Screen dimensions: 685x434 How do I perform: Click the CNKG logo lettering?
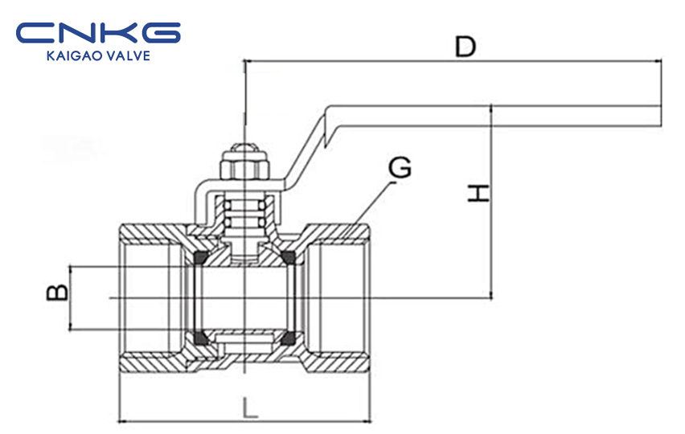click(98, 33)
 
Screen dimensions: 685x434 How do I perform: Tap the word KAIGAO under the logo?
click(69, 56)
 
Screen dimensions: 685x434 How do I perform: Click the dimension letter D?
click(466, 47)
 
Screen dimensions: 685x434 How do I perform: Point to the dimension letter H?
click(479, 193)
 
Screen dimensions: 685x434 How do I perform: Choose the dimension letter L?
click(249, 408)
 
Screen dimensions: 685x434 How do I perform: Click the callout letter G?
click(400, 168)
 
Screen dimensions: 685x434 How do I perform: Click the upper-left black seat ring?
click(200, 258)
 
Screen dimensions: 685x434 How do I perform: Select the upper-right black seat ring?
click(289, 258)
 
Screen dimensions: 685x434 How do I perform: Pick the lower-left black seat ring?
click(200, 338)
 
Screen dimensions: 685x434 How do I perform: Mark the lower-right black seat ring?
click(289, 338)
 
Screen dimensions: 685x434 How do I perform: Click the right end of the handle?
click(660, 117)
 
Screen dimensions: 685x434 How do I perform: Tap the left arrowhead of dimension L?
click(123, 422)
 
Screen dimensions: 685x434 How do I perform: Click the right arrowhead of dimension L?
click(367, 422)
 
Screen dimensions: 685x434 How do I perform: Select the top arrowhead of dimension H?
click(492, 109)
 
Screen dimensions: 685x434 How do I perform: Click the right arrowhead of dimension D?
click(657, 61)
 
